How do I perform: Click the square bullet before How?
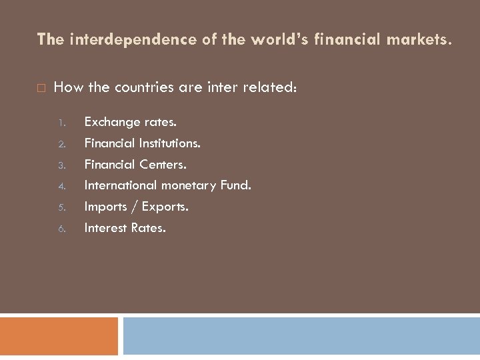point(41,87)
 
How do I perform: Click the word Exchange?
point(112,122)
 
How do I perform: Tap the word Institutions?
point(170,143)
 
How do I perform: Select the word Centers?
point(163,164)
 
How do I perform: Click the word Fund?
point(235,185)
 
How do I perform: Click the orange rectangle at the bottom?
point(59,336)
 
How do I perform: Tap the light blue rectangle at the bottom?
point(301,336)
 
